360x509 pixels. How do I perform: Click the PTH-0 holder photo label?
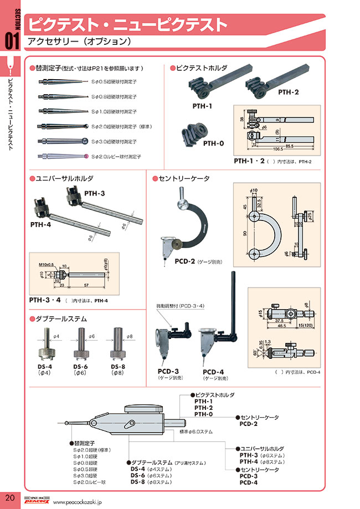pyautogui.click(x=213, y=143)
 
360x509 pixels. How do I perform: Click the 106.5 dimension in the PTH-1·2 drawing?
pyautogui.click(x=279, y=148)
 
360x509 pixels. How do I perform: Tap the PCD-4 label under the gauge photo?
pyautogui.click(x=213, y=372)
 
